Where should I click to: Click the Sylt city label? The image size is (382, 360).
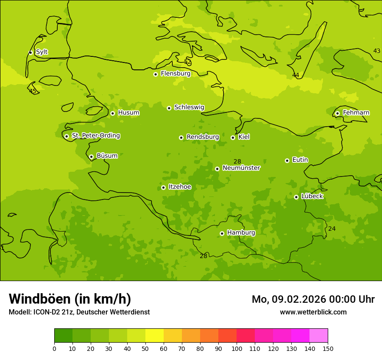42,52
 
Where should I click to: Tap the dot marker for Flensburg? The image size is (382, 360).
155,74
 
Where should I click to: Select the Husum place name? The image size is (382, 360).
128,113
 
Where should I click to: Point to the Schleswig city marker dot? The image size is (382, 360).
169,108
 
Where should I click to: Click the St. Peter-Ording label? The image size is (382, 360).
95,136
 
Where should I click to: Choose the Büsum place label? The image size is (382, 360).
107,156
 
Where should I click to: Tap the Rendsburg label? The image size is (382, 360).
203,137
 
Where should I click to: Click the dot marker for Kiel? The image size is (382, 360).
233,137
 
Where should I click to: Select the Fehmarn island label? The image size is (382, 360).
356,113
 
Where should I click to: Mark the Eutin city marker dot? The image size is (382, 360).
287,160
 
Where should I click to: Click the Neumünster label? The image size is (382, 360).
241,168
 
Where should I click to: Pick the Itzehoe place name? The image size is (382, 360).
180,187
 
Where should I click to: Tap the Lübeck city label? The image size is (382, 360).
312,196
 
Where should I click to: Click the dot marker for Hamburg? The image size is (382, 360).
222,233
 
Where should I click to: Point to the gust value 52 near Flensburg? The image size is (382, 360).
188,62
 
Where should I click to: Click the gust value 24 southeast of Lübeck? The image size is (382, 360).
332,229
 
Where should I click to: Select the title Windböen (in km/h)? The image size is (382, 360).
70,299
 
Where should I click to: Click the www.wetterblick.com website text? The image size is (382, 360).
313,312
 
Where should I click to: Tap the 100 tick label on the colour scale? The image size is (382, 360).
237,348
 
